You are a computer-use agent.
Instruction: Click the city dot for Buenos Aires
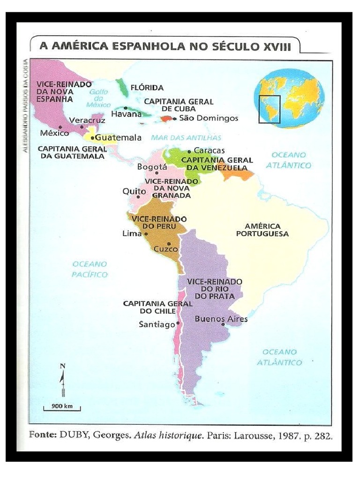[223, 324]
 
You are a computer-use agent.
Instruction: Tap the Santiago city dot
[179, 323]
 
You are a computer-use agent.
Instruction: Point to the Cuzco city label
[166, 249]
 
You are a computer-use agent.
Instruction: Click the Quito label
[131, 191]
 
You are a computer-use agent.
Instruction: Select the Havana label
[126, 114]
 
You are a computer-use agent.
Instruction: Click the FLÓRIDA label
[147, 88]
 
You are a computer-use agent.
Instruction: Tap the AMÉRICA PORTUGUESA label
[262, 230]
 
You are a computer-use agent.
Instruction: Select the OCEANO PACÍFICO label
[90, 269]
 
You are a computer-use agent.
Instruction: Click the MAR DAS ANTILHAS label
[186, 138]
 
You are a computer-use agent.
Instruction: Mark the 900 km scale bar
[62, 407]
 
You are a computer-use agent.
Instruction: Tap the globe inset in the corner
[289, 98]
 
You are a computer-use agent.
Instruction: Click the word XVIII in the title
[277, 46]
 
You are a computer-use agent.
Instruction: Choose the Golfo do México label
[98, 98]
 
